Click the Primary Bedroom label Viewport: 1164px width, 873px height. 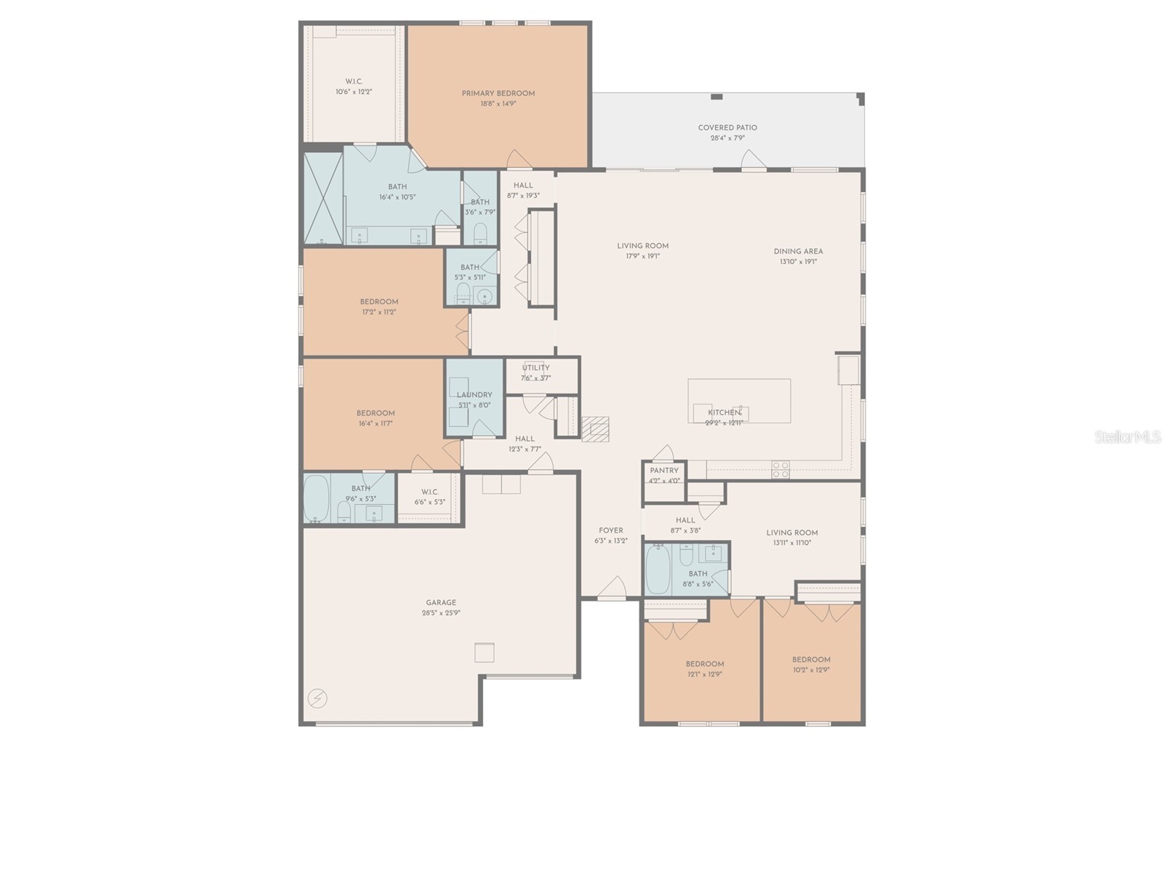coord(498,93)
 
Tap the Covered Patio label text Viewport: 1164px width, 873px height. coord(727,128)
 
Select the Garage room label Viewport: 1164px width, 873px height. coord(441,602)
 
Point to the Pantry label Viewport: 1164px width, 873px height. coord(664,471)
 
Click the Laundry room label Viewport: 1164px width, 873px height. coord(474,395)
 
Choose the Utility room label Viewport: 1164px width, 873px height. coord(536,368)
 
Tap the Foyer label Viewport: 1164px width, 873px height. coord(611,530)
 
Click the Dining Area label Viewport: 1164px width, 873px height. coord(798,252)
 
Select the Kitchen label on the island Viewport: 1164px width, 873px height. coord(725,412)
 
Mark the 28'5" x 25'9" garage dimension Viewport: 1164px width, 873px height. coord(441,613)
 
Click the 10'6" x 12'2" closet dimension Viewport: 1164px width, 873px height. coord(354,92)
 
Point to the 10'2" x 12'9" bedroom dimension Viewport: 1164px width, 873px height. coord(811,670)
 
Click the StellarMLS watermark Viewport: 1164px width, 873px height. coord(1128,437)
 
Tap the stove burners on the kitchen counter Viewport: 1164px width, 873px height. coord(780,470)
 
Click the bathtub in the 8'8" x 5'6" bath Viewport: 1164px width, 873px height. coord(658,569)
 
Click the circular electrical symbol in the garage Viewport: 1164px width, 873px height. coord(317,699)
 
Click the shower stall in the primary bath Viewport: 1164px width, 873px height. coord(323,197)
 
